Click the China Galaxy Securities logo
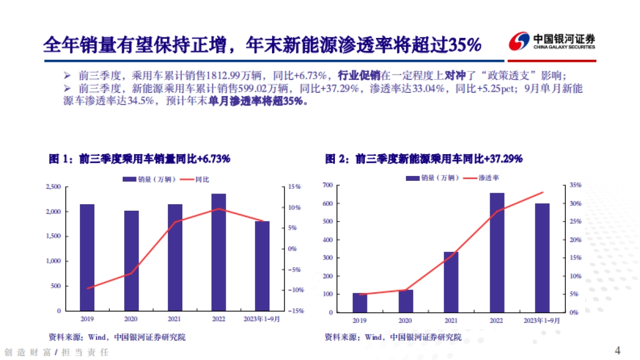(551, 42)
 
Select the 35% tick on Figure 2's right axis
(574, 186)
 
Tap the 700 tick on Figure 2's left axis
(328, 185)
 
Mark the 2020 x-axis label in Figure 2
(405, 321)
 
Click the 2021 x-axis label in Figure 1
(175, 319)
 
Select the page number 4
(618, 350)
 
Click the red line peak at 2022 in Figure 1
(219, 209)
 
